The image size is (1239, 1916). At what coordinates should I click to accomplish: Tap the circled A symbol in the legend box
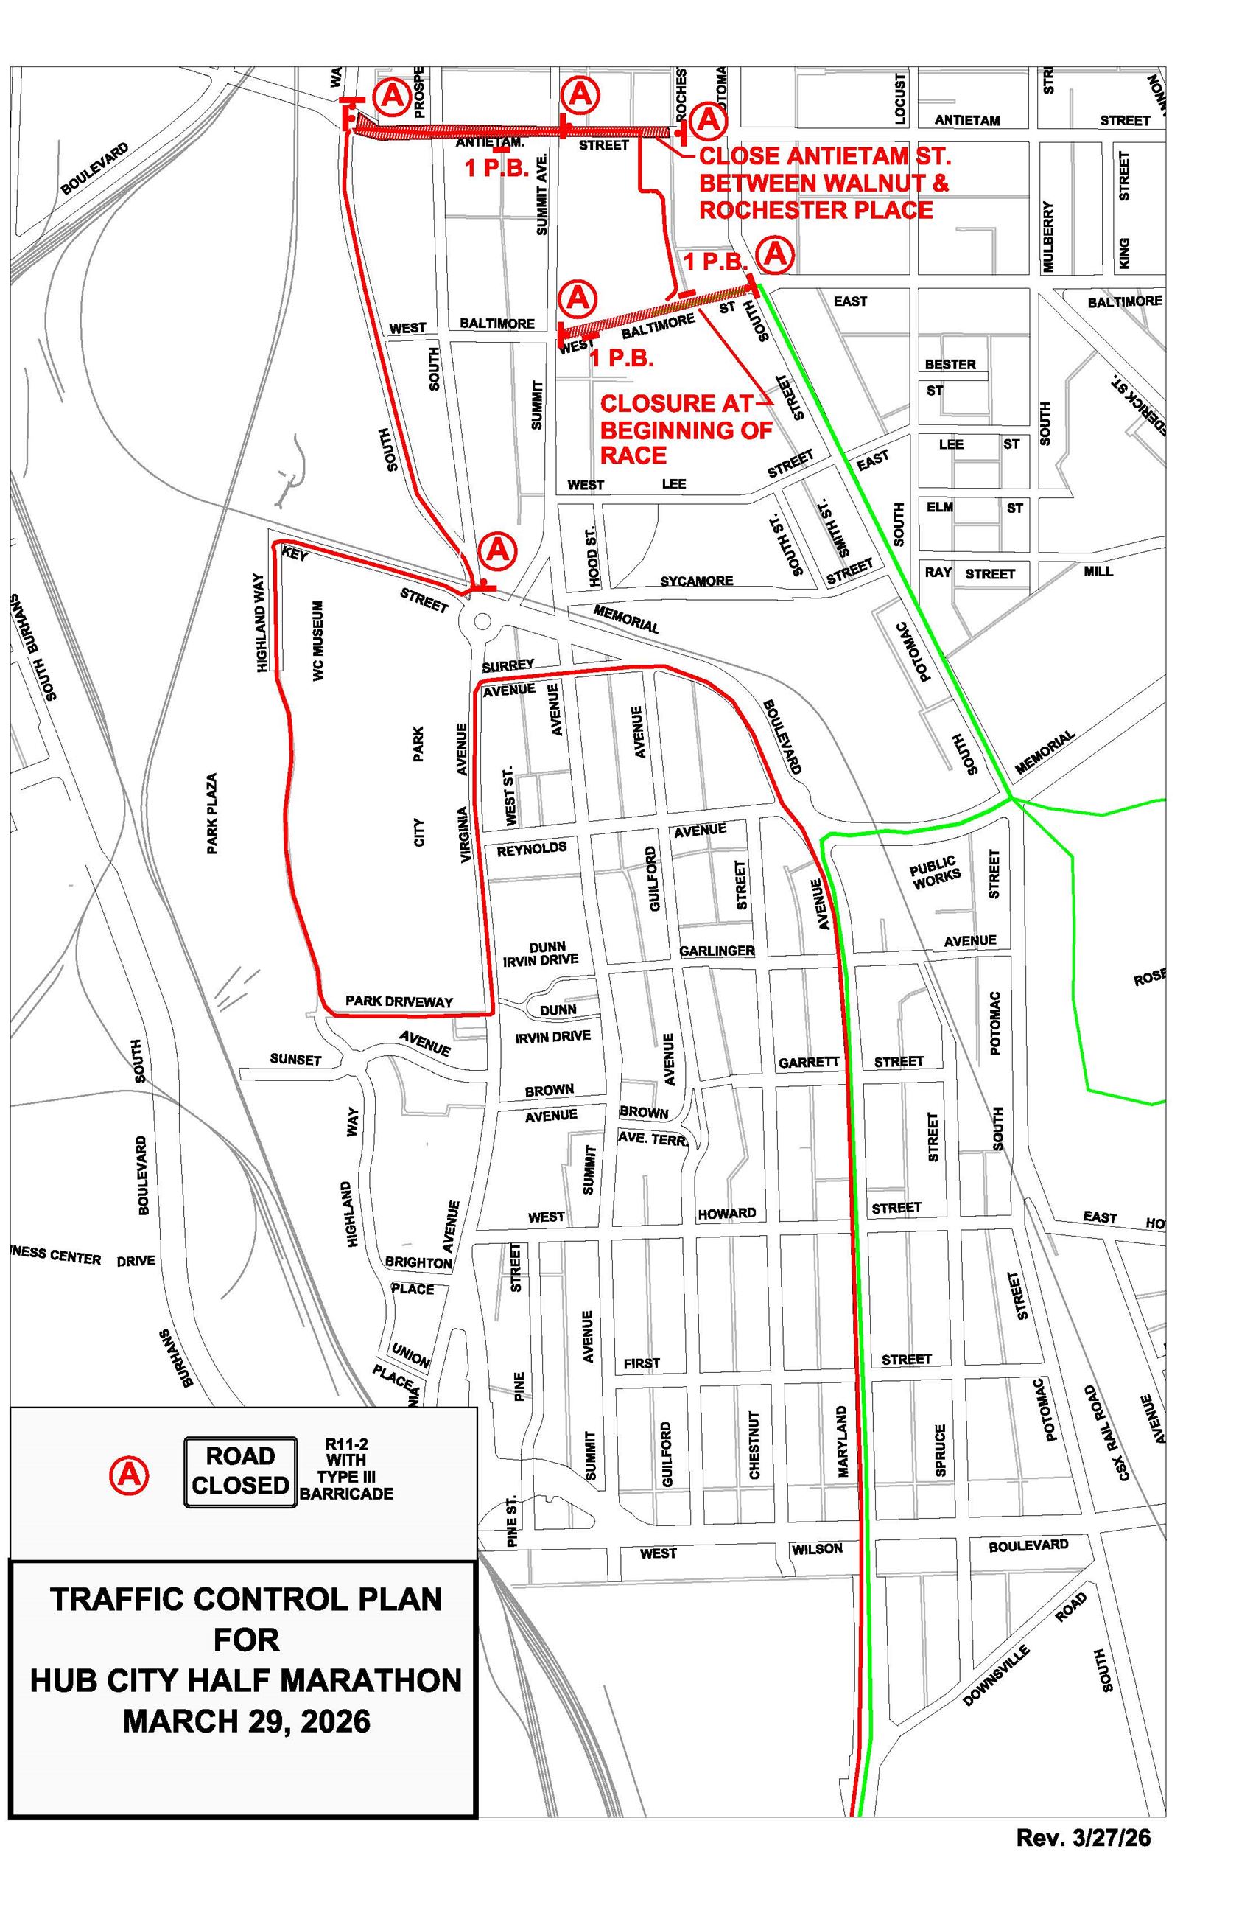tap(129, 1475)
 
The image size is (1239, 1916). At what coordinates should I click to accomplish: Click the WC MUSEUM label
tap(319, 640)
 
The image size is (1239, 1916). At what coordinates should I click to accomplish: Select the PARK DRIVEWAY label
tap(399, 1002)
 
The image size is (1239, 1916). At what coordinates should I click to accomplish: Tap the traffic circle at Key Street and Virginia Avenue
tap(482, 621)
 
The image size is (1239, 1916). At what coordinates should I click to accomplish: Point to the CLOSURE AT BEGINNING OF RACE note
tap(686, 429)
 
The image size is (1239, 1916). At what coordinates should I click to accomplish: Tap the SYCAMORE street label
tap(696, 581)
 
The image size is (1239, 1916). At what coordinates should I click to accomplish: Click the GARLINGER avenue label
tap(716, 951)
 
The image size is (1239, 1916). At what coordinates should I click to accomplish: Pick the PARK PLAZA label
tap(212, 814)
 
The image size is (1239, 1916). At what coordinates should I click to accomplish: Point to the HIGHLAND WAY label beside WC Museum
tap(260, 622)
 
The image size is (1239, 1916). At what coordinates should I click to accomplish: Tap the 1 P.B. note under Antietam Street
tap(496, 168)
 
